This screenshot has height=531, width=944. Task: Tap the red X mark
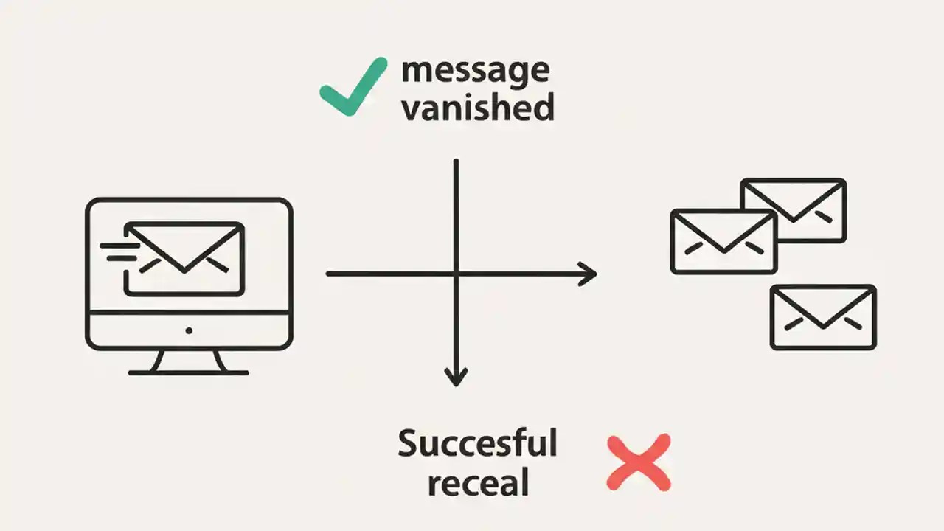[x=639, y=462]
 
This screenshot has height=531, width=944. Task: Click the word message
[x=476, y=72]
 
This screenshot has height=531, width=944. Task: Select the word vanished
[x=478, y=108]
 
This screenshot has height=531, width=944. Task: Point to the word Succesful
[x=477, y=443]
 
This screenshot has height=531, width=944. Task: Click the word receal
[x=478, y=484]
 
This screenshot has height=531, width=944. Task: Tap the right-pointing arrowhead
[x=588, y=274]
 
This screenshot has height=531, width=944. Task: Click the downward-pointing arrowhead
[x=457, y=376]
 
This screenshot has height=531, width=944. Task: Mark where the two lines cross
[x=457, y=274]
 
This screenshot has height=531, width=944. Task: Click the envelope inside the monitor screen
[x=184, y=259]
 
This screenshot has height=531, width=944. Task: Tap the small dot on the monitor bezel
[x=189, y=330]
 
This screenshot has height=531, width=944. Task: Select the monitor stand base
[x=188, y=372]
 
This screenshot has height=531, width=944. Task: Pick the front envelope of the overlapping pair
[x=723, y=241]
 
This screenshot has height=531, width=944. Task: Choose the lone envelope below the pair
[x=823, y=317]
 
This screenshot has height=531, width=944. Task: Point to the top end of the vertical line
[x=457, y=162]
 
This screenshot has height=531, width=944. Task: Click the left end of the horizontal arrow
[x=329, y=274]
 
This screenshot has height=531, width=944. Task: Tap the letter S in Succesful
[x=409, y=443]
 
